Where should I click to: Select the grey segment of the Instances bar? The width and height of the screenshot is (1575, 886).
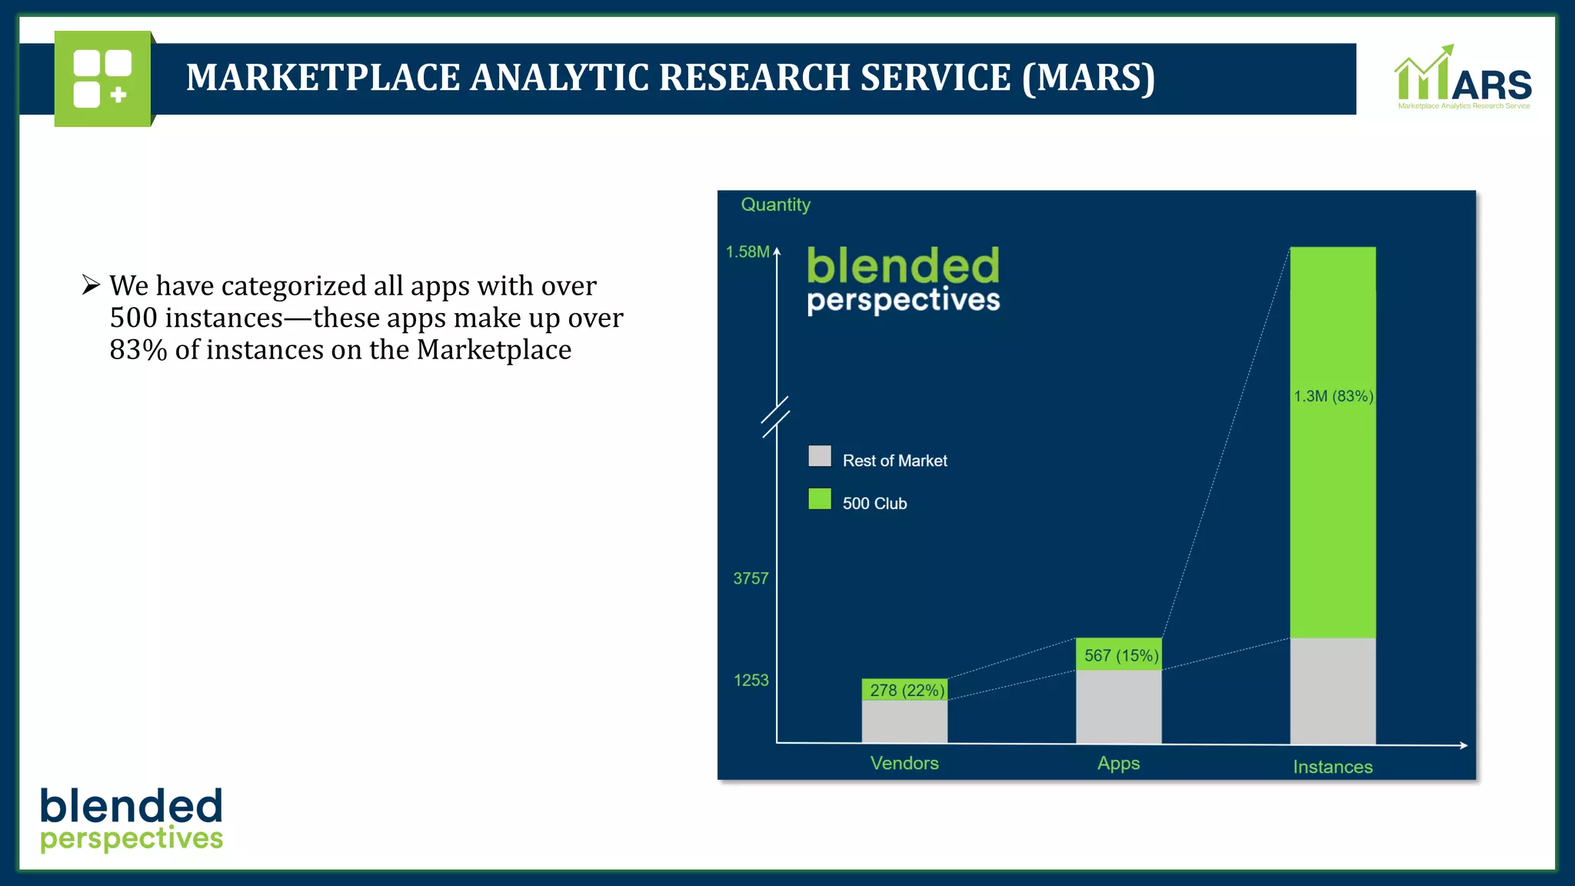[x=1332, y=691]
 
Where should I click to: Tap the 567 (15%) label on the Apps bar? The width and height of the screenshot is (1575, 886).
[x=1120, y=655]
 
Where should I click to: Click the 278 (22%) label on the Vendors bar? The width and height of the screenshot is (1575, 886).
[x=906, y=690]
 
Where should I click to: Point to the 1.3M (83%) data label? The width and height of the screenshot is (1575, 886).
[x=1333, y=396]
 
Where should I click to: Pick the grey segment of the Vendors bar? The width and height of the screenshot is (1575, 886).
[x=904, y=721]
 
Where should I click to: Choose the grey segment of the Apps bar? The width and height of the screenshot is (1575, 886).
[x=1118, y=706]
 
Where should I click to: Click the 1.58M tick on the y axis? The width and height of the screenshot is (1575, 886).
[x=748, y=251]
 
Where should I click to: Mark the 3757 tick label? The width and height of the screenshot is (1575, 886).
[x=751, y=578]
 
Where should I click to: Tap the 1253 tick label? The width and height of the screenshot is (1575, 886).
[x=751, y=680]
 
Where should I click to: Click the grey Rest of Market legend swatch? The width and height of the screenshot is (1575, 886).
[x=820, y=456]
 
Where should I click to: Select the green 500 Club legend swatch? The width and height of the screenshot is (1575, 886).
[x=820, y=499]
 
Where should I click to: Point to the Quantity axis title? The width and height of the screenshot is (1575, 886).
[x=775, y=205]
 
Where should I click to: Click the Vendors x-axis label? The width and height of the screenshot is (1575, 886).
[x=904, y=763]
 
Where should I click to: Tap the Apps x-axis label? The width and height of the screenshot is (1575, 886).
[x=1118, y=763]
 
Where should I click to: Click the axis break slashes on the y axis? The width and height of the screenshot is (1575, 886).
[x=775, y=417]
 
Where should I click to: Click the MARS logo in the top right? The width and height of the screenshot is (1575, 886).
[x=1463, y=78]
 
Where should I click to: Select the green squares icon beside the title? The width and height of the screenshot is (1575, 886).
[x=102, y=78]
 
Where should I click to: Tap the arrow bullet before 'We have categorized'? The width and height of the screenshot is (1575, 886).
[x=91, y=285]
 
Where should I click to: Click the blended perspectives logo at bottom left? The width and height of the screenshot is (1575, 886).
[x=132, y=820]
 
